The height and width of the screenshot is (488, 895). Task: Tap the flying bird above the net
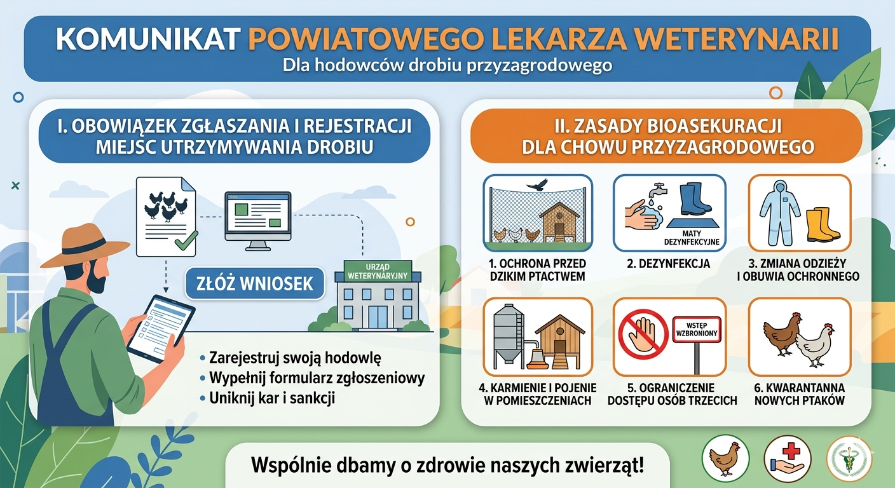point(538,185)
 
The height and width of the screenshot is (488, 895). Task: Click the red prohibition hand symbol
point(643,334)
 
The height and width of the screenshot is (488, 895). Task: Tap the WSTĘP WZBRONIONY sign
point(697,330)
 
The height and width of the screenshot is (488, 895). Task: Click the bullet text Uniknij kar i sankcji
point(271,398)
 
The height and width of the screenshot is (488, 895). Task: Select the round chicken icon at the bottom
point(725,457)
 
